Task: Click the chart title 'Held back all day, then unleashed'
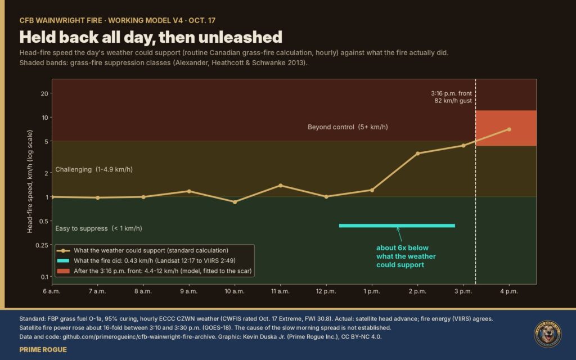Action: (151, 37)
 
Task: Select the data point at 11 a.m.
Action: (281, 186)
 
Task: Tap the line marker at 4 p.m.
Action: (509, 129)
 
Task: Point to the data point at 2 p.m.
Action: (418, 154)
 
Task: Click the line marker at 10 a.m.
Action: (235, 202)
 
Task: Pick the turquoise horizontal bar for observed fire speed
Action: (397, 226)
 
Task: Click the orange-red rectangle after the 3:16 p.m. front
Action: (506, 128)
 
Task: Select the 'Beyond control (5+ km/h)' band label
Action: (348, 127)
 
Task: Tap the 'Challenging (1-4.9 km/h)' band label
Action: (94, 169)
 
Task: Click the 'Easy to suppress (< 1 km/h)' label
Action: (98, 228)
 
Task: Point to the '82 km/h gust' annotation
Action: (453, 101)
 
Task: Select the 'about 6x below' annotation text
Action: (402, 248)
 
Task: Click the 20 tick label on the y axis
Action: (44, 94)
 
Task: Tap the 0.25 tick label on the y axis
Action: (42, 245)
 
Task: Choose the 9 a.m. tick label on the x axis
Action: (189, 291)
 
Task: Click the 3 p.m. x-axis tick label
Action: (463, 291)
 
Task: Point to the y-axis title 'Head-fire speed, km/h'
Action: (30, 182)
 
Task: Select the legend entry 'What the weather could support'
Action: (151, 250)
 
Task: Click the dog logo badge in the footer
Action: (547, 334)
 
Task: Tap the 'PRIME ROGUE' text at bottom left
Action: (43, 350)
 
